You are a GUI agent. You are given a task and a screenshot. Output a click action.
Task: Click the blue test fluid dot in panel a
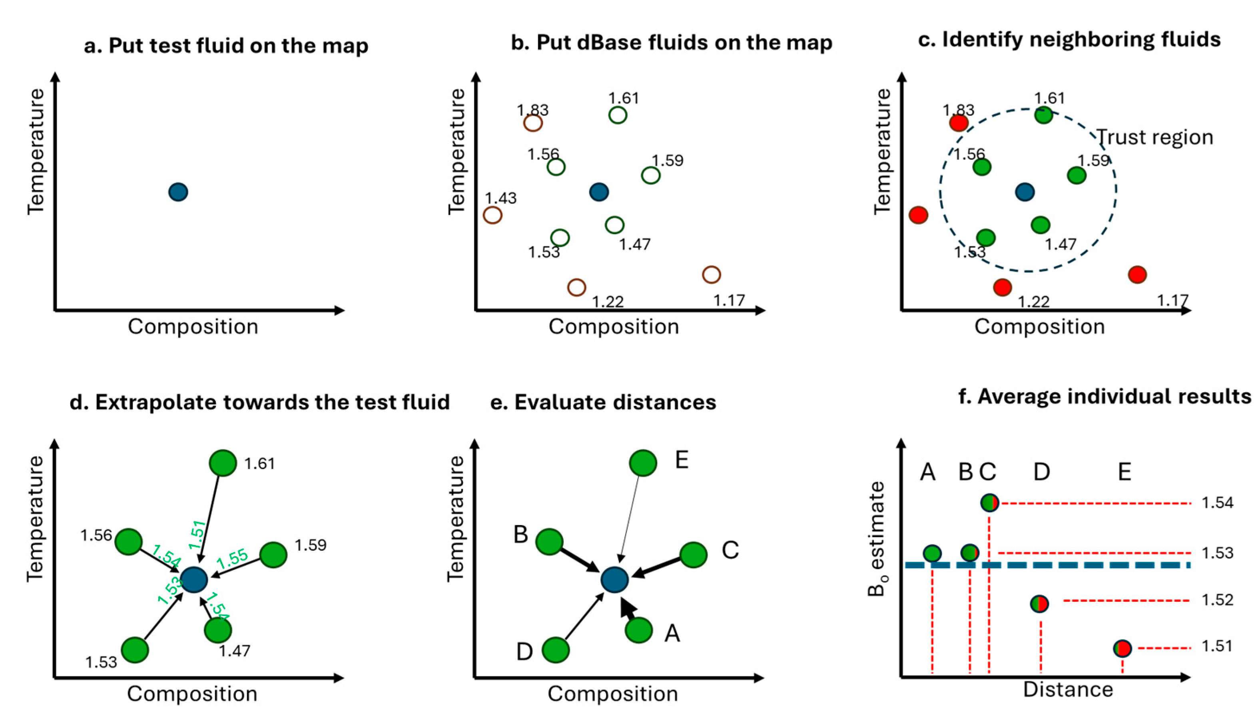178,192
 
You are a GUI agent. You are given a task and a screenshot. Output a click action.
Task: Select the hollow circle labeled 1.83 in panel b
533,122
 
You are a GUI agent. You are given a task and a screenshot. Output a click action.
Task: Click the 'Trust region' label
1154,137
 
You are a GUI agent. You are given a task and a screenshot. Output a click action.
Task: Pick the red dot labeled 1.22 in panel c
1003,287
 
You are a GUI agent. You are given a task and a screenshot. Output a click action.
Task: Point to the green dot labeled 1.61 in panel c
1043,115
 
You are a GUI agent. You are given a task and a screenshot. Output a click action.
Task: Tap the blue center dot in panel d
194,579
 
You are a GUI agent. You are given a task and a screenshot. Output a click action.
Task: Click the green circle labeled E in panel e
643,463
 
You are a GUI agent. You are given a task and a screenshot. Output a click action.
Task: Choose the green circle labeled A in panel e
639,630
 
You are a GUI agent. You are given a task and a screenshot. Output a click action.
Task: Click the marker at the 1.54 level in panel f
989,503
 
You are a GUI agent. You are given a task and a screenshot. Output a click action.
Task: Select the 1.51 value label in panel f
1217,646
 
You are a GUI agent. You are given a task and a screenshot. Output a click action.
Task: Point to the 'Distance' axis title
1068,689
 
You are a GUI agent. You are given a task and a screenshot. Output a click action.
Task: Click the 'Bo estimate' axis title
877,539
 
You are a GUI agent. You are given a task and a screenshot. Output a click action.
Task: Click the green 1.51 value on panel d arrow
197,535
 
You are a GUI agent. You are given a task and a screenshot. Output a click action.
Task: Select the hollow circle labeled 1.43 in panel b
493,215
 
